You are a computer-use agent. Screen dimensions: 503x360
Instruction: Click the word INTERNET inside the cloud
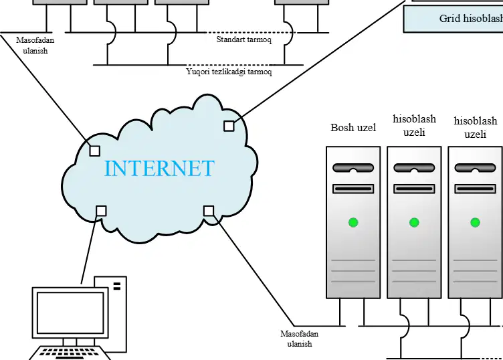tap(159, 168)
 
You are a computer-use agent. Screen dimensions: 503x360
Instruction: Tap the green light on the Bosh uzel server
tap(353, 222)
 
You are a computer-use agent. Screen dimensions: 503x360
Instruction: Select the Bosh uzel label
tap(353, 127)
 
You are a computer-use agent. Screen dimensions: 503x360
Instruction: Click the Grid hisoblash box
tap(453, 19)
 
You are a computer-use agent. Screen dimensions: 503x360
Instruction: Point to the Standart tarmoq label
tap(243, 39)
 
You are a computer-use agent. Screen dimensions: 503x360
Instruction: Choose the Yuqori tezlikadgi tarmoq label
tap(229, 71)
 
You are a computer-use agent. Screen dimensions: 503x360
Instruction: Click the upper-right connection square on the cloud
tap(229, 126)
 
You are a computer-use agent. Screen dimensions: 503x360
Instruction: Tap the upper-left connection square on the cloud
tap(94, 151)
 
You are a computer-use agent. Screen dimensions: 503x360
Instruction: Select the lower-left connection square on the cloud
tap(101, 211)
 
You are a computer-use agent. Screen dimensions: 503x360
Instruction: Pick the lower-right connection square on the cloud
tap(209, 211)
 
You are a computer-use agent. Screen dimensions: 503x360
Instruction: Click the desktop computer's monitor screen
tap(70, 313)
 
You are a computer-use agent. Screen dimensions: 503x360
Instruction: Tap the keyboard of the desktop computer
tap(70, 353)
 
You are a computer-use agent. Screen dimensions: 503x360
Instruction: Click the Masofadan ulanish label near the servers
tap(299, 339)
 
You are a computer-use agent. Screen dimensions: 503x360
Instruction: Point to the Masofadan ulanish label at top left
tap(35, 46)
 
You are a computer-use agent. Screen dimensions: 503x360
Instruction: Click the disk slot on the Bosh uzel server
tap(353, 189)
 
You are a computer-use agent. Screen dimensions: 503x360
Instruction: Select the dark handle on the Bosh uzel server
tap(353, 168)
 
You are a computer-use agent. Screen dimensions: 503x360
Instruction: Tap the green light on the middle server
tap(414, 222)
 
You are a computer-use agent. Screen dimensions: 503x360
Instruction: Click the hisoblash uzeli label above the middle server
tap(414, 125)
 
